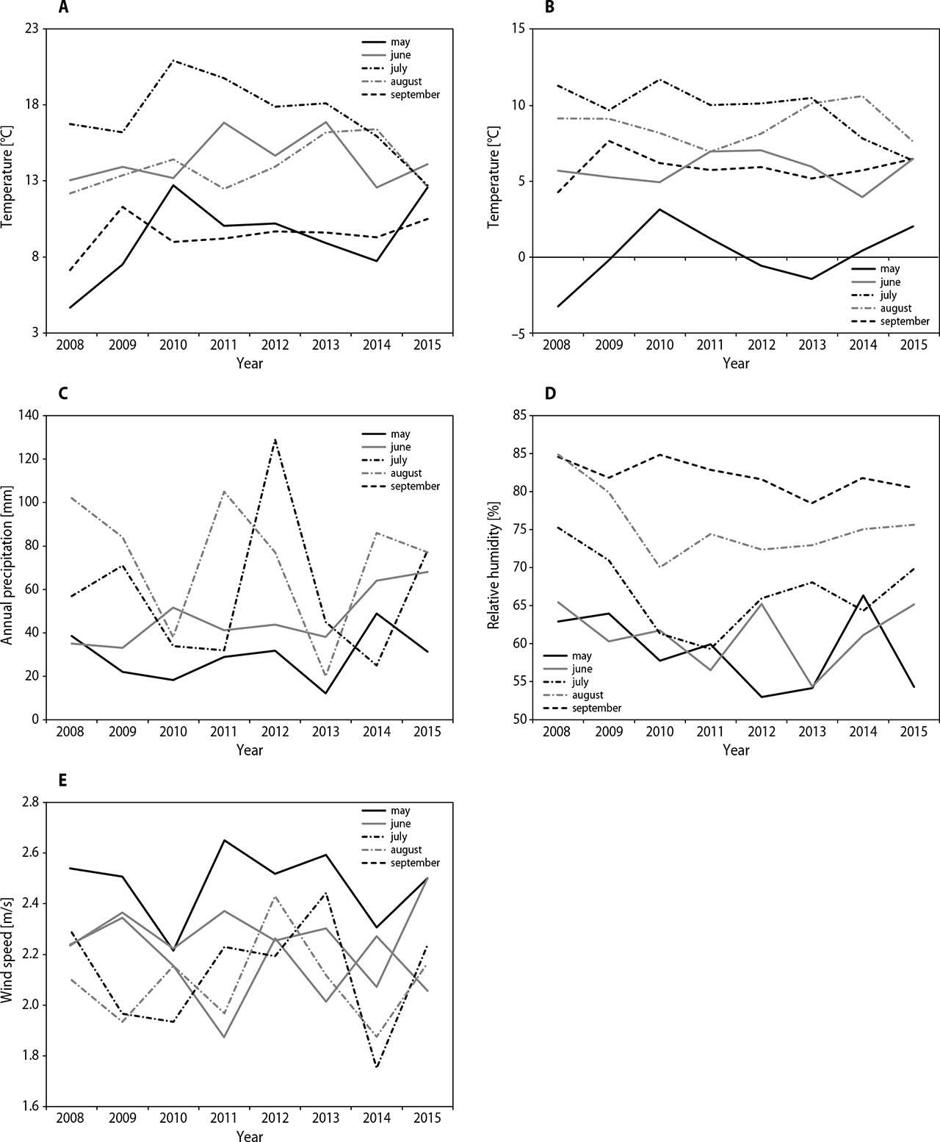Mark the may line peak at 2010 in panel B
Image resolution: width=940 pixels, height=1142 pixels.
point(659,209)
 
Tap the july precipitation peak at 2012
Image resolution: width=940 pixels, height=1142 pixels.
point(275,439)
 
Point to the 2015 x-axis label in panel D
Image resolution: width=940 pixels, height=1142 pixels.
point(914,731)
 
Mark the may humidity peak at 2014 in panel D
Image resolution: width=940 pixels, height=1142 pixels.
point(863,595)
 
